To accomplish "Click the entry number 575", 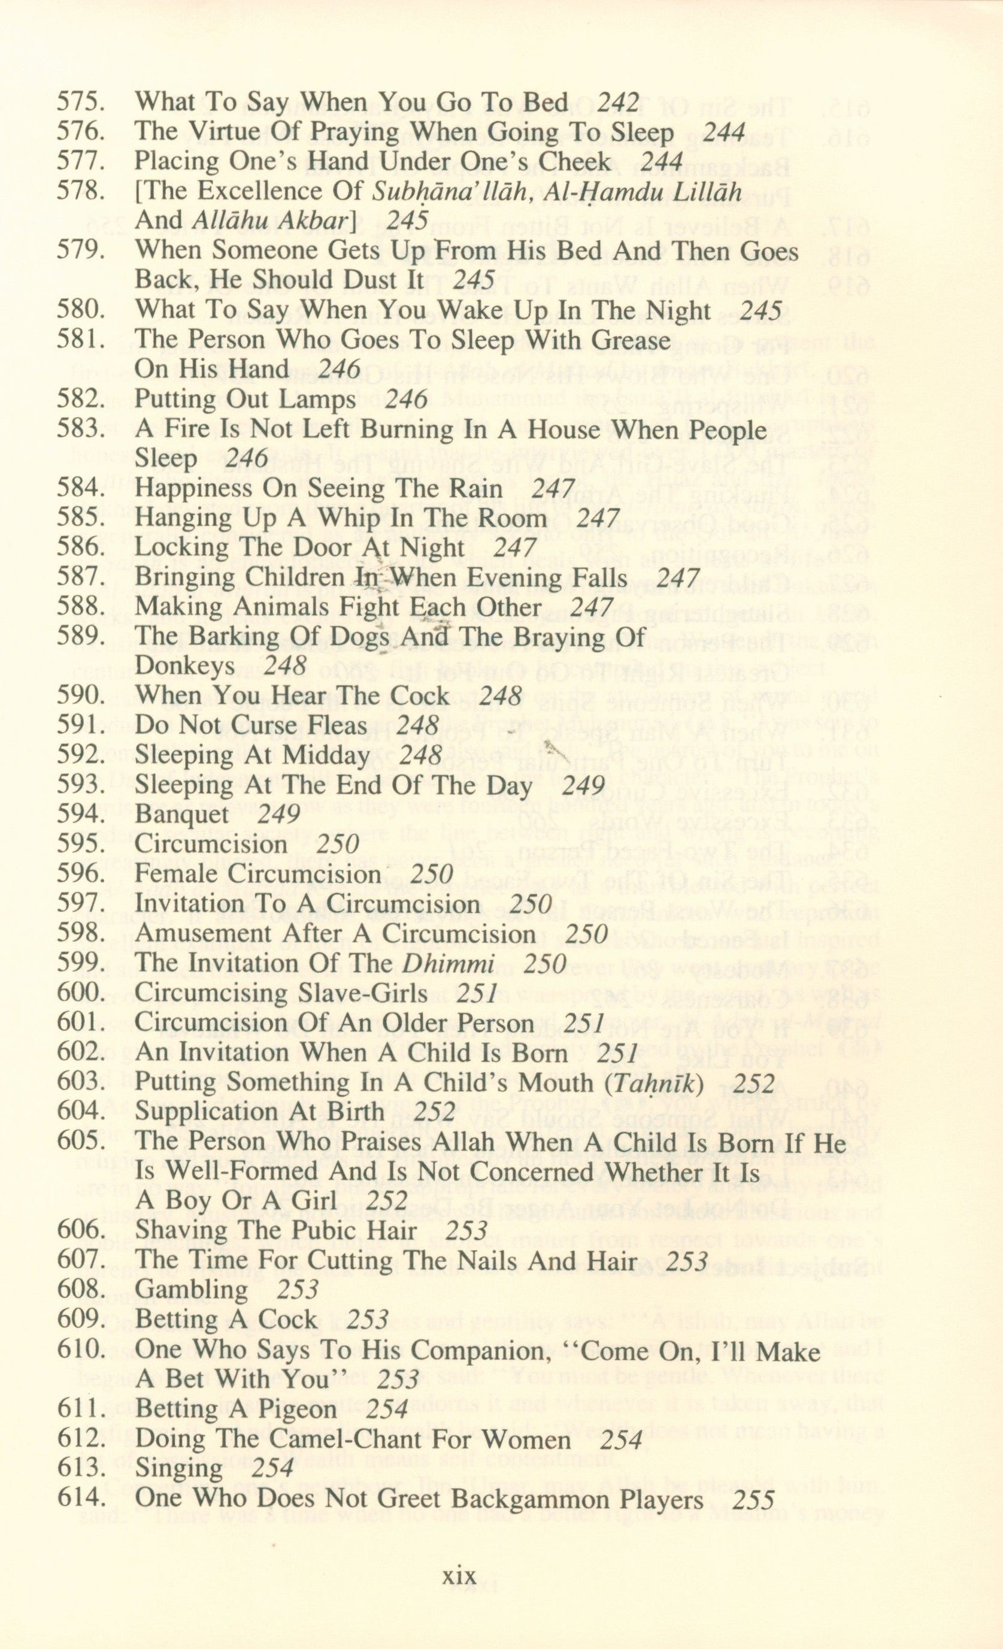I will pyautogui.click(x=80, y=103).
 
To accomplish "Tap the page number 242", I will pyautogui.click(x=617, y=102).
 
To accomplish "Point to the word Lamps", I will pyautogui.click(x=314, y=400).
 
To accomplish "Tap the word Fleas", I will pyautogui.click(x=337, y=725).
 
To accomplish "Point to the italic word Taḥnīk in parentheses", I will pyautogui.click(x=661, y=1082).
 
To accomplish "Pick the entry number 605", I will pyautogui.click(x=80, y=1141).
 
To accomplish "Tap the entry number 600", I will pyautogui.click(x=80, y=993).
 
